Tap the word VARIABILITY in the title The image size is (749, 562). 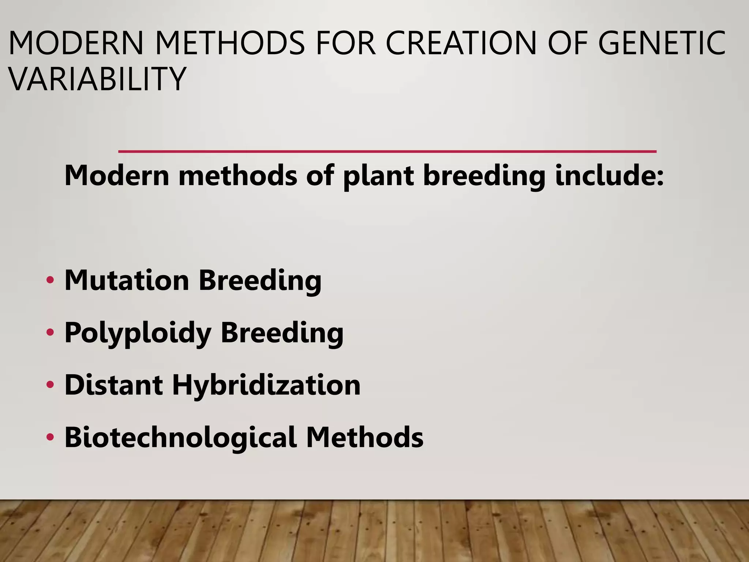coord(97,79)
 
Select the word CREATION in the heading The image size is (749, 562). coord(461,43)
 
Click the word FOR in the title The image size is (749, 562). coord(346,43)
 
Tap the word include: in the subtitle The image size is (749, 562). coord(609,176)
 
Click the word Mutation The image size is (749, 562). coord(127,280)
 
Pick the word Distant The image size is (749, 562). coord(113,385)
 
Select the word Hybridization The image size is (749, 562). coord(266,386)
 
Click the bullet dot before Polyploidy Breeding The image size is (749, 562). coord(50,333)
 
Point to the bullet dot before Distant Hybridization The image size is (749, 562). coord(50,385)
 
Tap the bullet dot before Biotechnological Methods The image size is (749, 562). coord(50,437)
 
